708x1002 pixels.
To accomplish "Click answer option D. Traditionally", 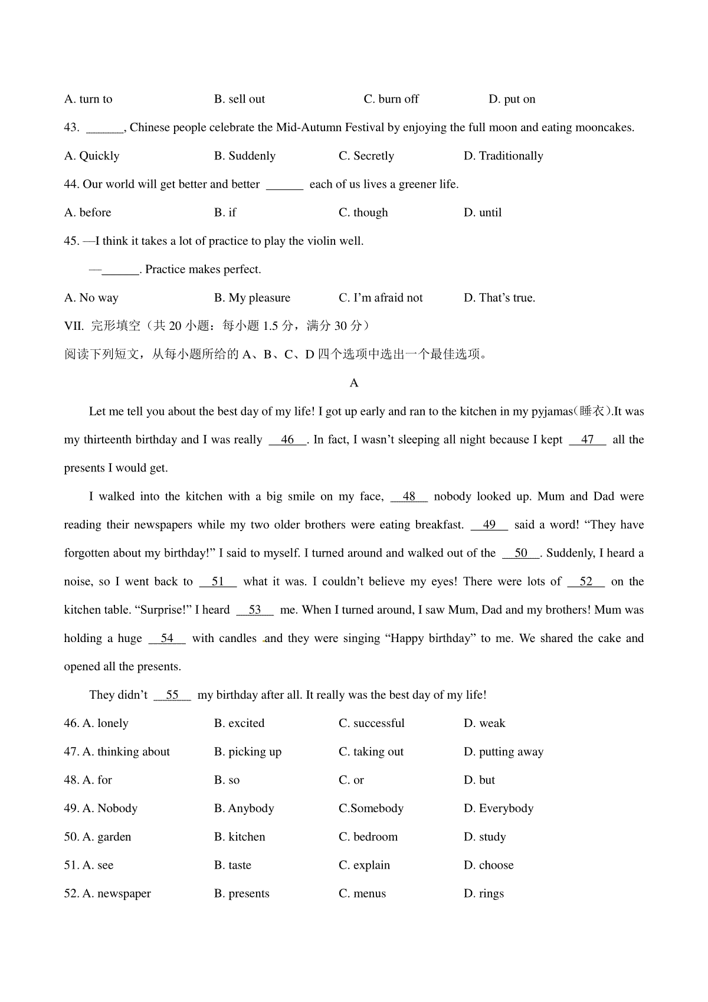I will (x=503, y=156).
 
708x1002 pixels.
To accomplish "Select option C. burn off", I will (x=391, y=99).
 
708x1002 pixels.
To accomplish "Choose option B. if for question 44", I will (x=225, y=212).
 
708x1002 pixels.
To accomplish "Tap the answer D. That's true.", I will (x=499, y=298).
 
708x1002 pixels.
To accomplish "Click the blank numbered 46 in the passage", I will (x=288, y=440).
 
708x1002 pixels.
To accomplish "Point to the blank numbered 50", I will (x=521, y=553).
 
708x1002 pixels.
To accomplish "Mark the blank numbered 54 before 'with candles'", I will (x=167, y=638).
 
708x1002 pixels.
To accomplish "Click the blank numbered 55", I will (x=172, y=695).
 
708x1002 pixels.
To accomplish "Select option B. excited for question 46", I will (x=239, y=723).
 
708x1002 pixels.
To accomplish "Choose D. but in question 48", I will (x=479, y=780).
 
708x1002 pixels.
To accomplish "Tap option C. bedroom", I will (x=368, y=837).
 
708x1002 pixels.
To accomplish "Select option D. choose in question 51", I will (x=489, y=865).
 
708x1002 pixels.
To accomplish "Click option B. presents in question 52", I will (x=242, y=893).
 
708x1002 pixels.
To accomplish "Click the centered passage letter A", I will (x=354, y=383).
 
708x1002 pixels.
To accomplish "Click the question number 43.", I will (x=71, y=127).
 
